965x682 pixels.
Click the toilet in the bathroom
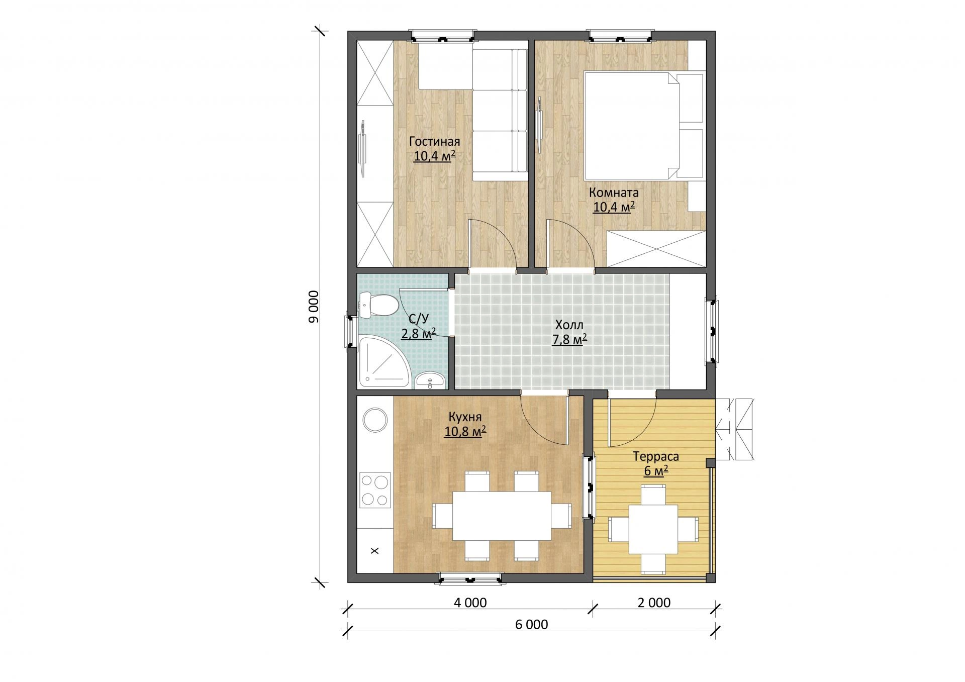tap(377, 305)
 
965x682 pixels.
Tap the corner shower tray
tap(383, 361)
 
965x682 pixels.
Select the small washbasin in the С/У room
tap(430, 380)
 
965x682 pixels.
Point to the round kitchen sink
tap(375, 419)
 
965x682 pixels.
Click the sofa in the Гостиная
tap(500, 115)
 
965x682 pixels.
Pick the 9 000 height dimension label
tap(314, 306)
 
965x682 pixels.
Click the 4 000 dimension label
tap(470, 602)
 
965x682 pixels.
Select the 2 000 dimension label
tap(654, 602)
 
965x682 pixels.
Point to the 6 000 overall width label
tap(531, 625)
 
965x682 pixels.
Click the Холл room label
tap(569, 324)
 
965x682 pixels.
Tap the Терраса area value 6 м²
tap(656, 471)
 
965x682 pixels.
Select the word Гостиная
tap(434, 141)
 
